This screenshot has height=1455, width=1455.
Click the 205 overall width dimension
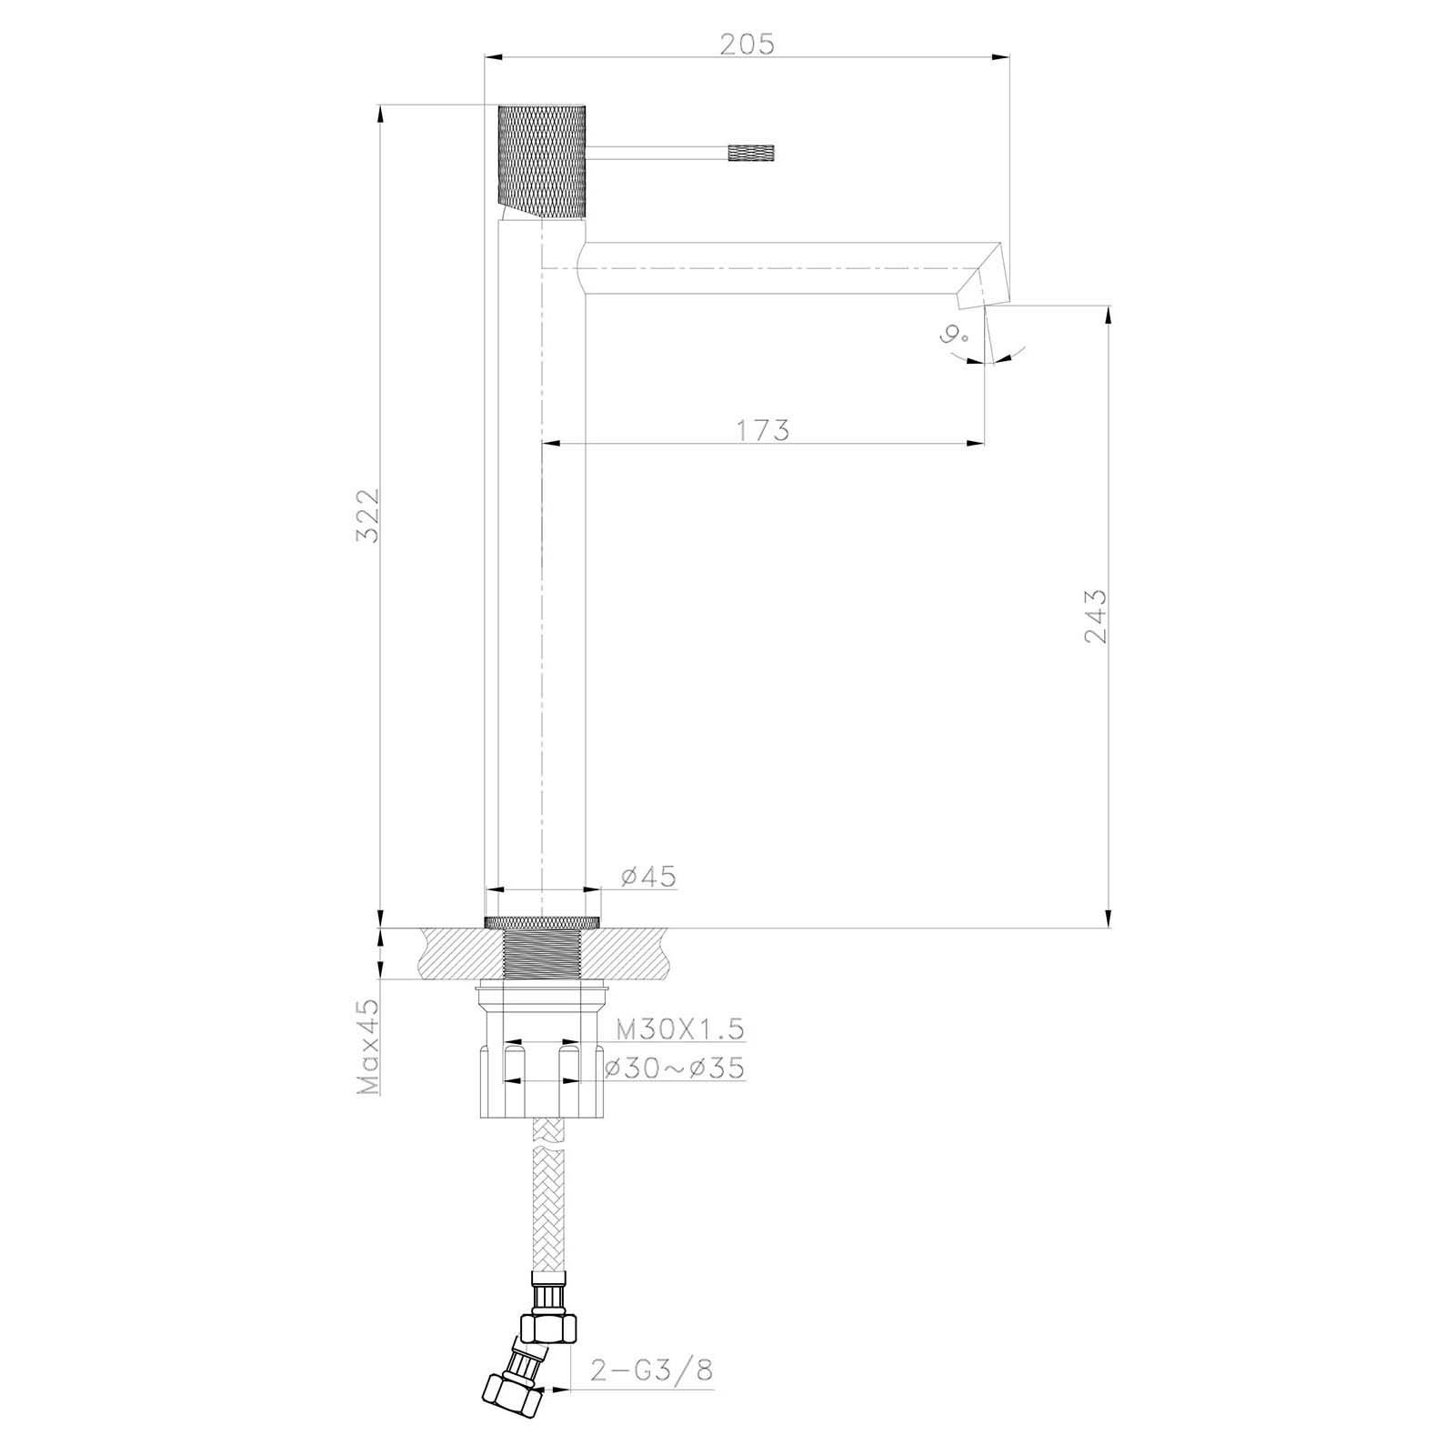click(x=747, y=44)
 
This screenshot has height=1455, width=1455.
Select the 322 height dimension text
click(x=367, y=515)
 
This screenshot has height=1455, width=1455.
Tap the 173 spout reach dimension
click(x=762, y=429)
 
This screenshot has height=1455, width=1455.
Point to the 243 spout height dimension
click(x=1096, y=616)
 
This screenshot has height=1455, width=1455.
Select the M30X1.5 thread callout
click(x=680, y=1029)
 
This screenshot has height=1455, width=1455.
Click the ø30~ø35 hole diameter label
click(x=675, y=1067)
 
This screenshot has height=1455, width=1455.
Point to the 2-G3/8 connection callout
click(x=652, y=1345)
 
